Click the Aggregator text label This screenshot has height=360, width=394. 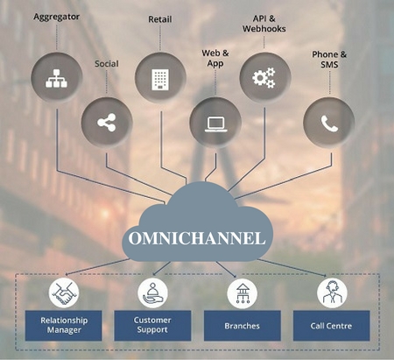click(56, 17)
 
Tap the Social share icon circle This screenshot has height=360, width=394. click(107, 123)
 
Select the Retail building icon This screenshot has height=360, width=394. click(160, 79)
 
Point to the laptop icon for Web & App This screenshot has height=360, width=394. click(216, 124)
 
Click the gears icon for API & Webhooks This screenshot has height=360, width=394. click(264, 78)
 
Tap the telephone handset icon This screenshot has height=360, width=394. click(329, 124)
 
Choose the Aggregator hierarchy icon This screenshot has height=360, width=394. click(56, 78)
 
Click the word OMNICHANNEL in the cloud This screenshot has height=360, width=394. click(197, 238)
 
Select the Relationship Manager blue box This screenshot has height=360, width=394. click(63, 326)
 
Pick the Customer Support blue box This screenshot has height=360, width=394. click(152, 326)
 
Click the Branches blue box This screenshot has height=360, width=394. click(243, 326)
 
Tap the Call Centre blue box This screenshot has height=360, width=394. click(331, 326)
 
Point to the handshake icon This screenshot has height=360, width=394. click(64, 293)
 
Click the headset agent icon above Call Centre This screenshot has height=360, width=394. click(332, 293)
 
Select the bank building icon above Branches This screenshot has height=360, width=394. click(243, 293)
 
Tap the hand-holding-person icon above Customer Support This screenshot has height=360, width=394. click(152, 293)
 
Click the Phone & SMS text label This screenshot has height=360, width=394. click(329, 60)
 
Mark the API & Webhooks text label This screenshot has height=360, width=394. click(264, 24)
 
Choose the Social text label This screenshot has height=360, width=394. click(107, 64)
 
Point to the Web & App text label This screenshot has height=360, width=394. click(215, 58)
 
